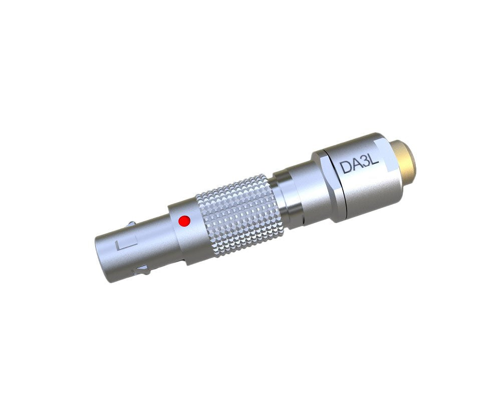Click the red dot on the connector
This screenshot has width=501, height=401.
184,221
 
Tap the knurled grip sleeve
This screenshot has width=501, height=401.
239,215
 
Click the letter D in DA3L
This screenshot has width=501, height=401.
345,167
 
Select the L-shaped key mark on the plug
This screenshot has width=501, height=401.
126,244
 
